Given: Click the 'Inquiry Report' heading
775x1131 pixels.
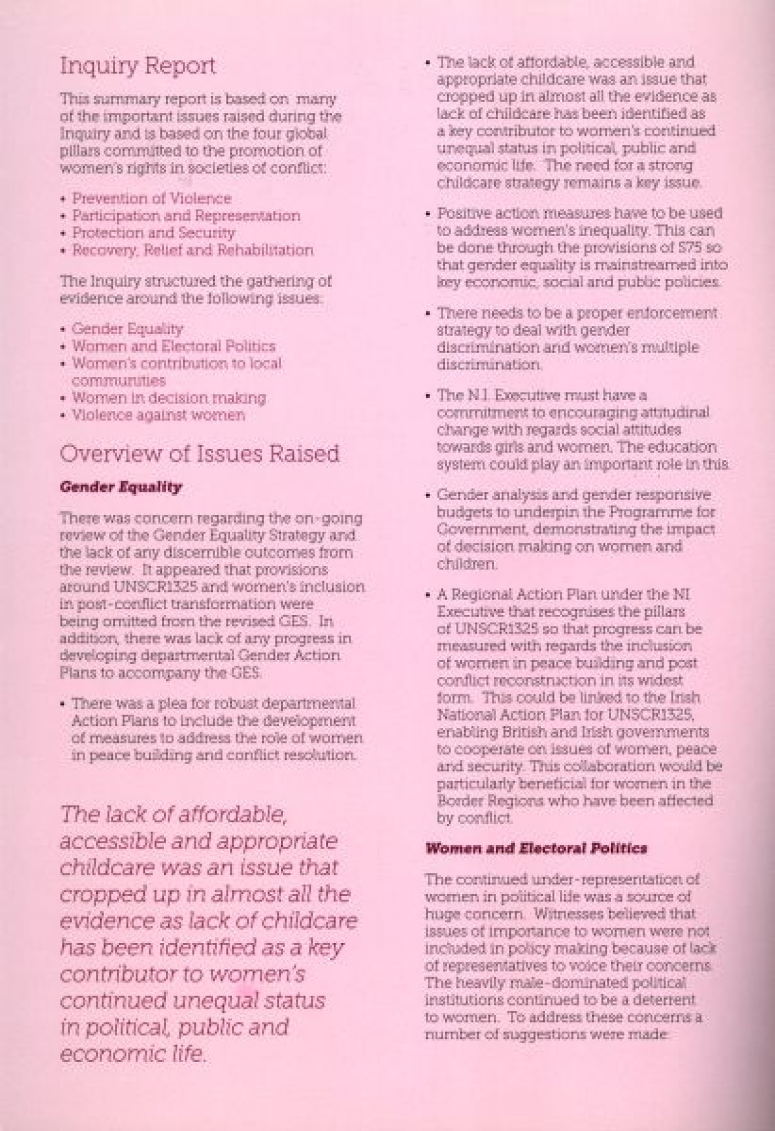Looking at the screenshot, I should (138, 67).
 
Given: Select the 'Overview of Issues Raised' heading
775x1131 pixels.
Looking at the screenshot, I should (199, 453).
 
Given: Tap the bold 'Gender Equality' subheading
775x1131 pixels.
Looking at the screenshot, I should (121, 487).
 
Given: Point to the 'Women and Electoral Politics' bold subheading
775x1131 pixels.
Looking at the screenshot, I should (536, 848).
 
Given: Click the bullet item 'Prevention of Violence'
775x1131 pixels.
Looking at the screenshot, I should (151, 199).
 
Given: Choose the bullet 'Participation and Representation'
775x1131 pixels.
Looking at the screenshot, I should (186, 216).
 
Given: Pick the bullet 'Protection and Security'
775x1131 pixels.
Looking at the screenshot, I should (154, 233).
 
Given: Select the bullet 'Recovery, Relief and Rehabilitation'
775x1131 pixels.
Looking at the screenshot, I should (192, 250).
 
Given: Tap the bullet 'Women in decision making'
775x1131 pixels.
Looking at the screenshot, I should (169, 398).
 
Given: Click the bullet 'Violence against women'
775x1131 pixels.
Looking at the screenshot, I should (158, 415).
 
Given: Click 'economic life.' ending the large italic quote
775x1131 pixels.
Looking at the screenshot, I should (133, 1055).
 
